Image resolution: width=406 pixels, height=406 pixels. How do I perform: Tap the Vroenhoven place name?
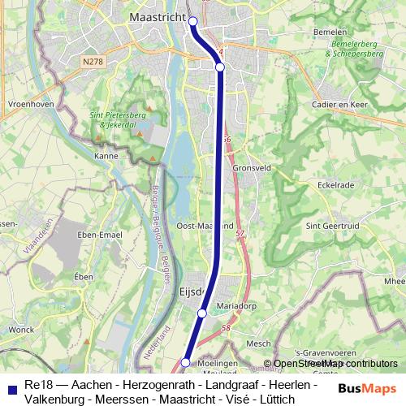(x=30, y=105)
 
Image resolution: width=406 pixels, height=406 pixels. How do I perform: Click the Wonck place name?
(x=22, y=330)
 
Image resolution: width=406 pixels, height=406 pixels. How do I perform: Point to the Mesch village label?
(x=257, y=343)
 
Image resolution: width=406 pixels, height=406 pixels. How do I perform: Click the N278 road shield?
(x=93, y=60)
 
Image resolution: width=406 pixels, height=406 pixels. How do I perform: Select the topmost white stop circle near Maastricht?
(x=193, y=21)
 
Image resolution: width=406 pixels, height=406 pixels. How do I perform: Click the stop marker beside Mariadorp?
(x=202, y=313)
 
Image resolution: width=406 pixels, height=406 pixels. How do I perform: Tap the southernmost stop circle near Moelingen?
(x=186, y=362)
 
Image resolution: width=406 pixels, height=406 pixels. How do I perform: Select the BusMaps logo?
(x=368, y=389)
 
